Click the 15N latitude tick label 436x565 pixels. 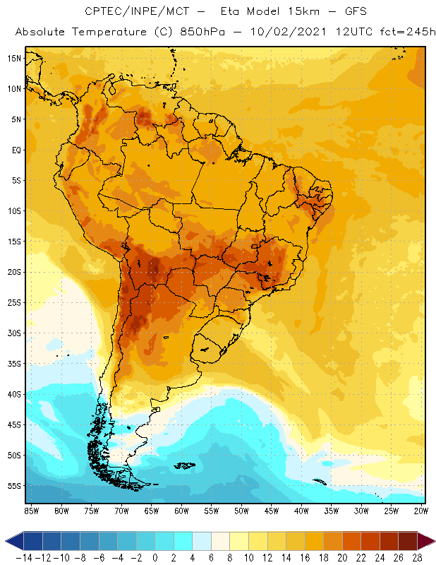pyautogui.click(x=14, y=58)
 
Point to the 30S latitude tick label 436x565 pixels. pyautogui.click(x=14, y=333)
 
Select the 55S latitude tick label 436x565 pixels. pyautogui.click(x=14, y=486)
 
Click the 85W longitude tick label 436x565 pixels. pyautogui.click(x=31, y=510)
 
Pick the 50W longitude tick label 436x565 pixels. pyautogui.click(x=241, y=510)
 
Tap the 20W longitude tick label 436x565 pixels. pyautogui.click(x=421, y=510)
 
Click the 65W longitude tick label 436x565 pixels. pyautogui.click(x=151, y=510)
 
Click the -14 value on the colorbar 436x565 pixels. pyautogui.click(x=24, y=558)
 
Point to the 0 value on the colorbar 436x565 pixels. pyautogui.click(x=156, y=558)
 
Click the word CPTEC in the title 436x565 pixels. pyautogui.click(x=102, y=12)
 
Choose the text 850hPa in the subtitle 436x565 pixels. pyautogui.click(x=202, y=32)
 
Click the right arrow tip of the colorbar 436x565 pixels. pyautogui.click(x=431, y=541)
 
